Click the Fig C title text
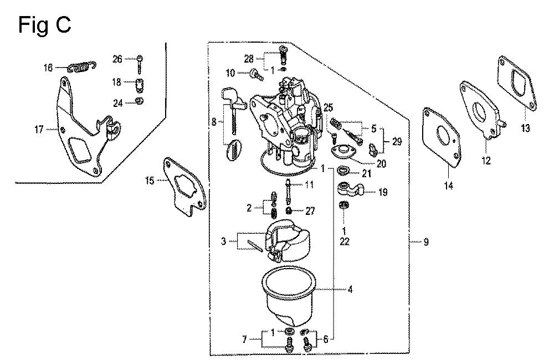click(44, 25)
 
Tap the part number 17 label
click(39, 130)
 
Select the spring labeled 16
click(82, 67)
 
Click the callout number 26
click(117, 59)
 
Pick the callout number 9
click(426, 242)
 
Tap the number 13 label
click(525, 128)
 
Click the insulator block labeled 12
click(481, 111)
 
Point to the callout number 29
click(397, 142)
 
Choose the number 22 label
click(345, 241)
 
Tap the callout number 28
click(249, 59)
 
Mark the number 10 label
click(230, 73)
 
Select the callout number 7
click(244, 340)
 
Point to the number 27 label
click(310, 211)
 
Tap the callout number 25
click(328, 107)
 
